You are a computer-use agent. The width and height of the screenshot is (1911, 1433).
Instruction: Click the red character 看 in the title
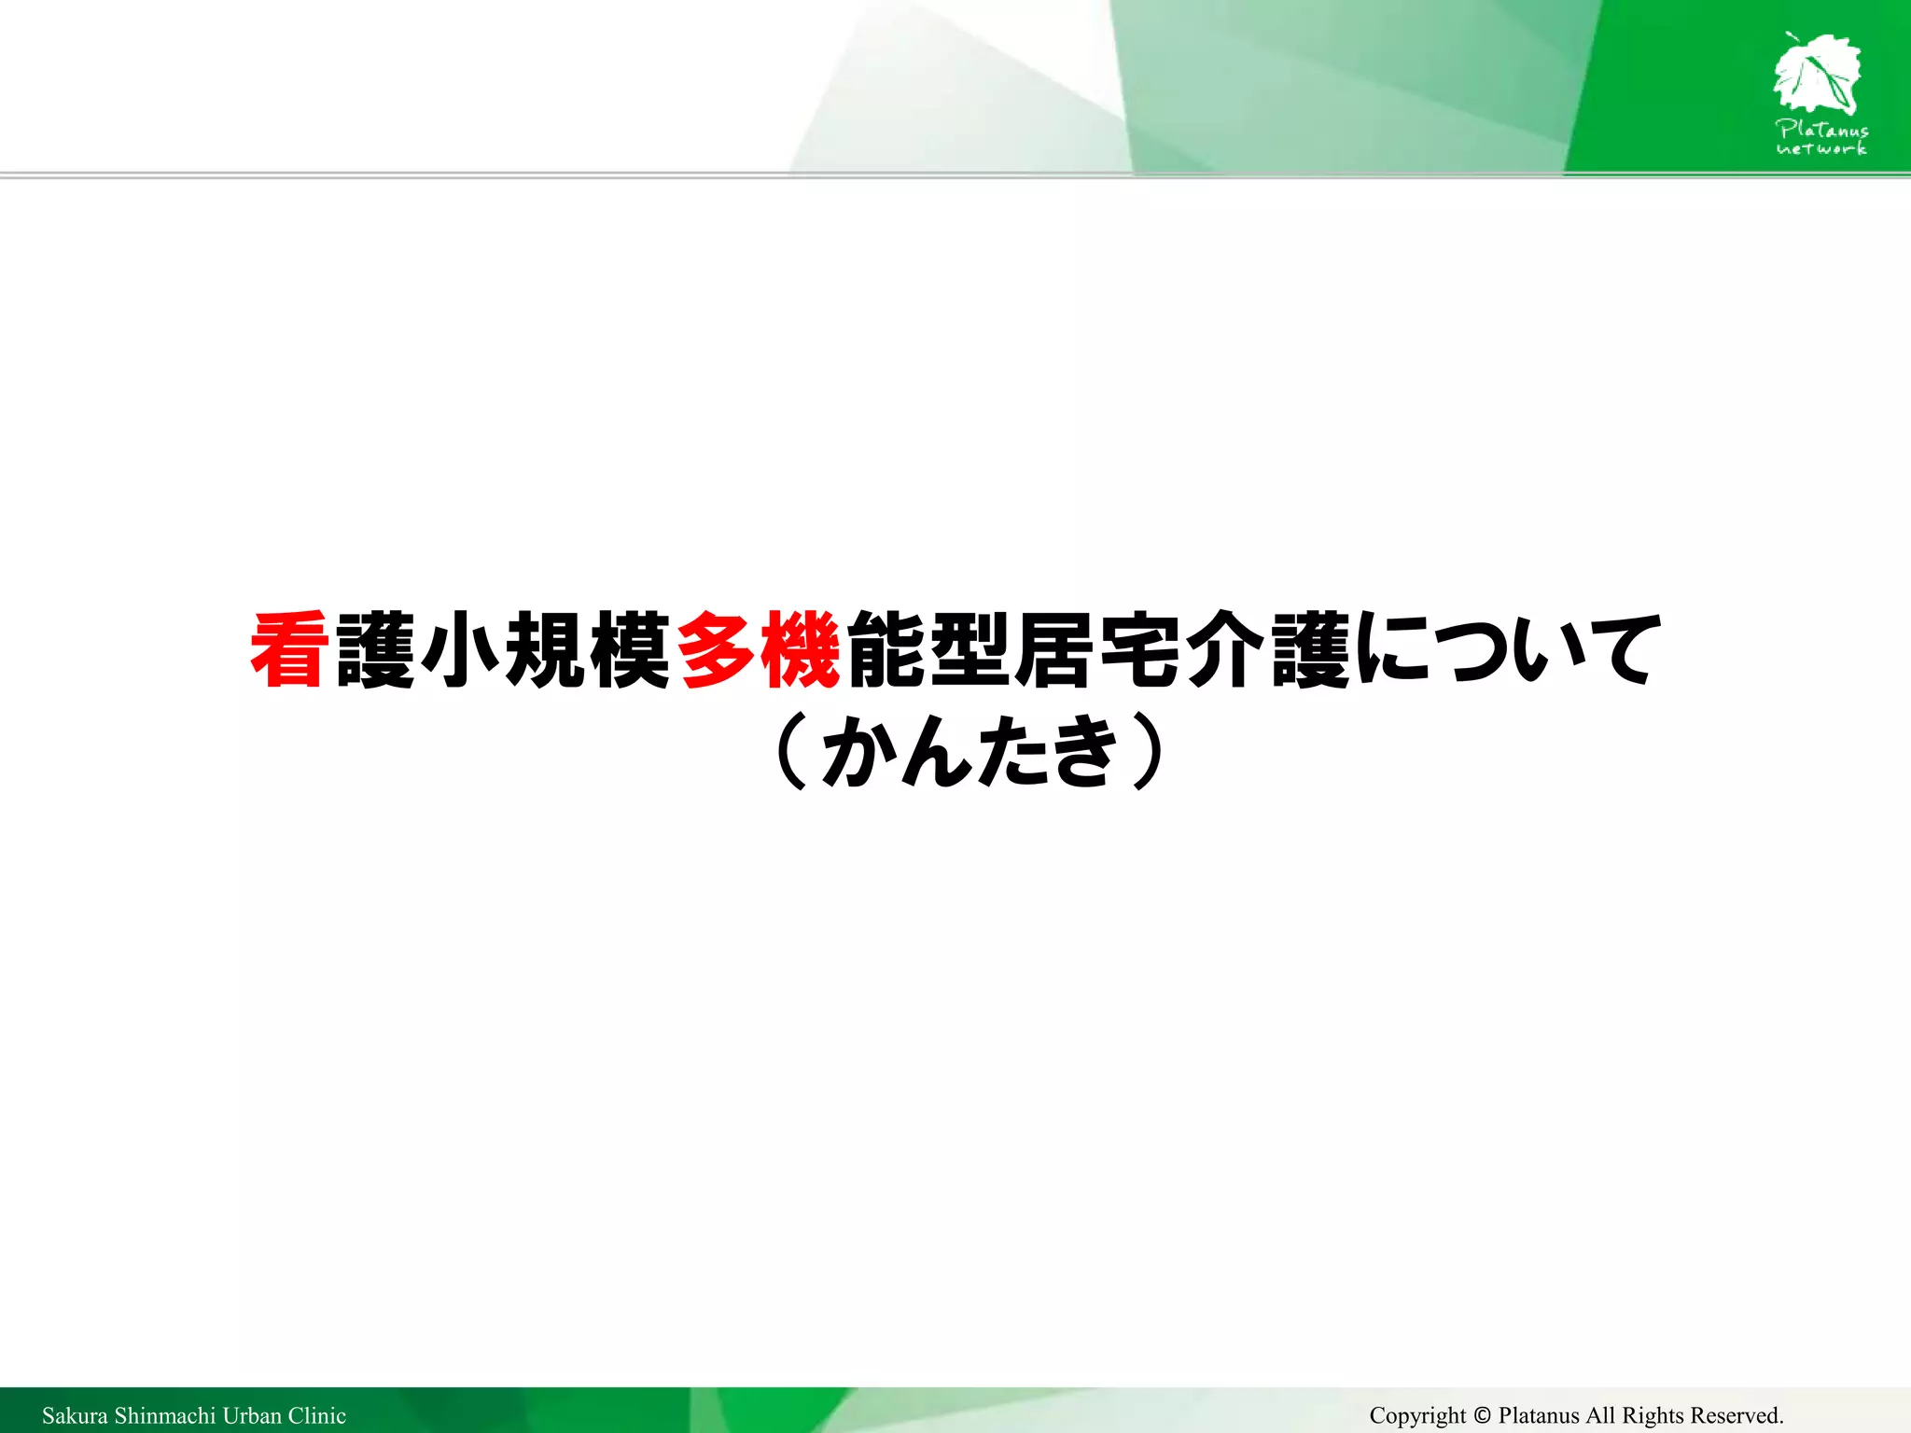click(289, 650)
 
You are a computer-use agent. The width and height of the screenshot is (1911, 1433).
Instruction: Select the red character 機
click(800, 650)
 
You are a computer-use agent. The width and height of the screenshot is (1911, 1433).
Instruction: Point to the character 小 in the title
click(460, 650)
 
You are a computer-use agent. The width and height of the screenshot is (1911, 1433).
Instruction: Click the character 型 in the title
click(970, 650)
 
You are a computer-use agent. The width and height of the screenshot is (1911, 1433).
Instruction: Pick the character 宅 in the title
click(1140, 650)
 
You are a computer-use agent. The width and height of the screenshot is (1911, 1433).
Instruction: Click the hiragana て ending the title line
click(1622, 650)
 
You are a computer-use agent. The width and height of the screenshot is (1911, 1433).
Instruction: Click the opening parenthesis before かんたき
click(791, 751)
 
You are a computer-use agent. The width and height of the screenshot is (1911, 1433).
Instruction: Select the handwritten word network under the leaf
click(1821, 148)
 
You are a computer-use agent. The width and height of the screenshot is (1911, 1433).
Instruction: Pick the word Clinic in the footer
click(317, 1415)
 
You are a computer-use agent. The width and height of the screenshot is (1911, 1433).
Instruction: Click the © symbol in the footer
click(1483, 1415)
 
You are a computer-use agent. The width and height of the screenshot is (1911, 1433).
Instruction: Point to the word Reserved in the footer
click(1737, 1415)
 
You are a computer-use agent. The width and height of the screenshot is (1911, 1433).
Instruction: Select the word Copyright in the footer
click(1417, 1415)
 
